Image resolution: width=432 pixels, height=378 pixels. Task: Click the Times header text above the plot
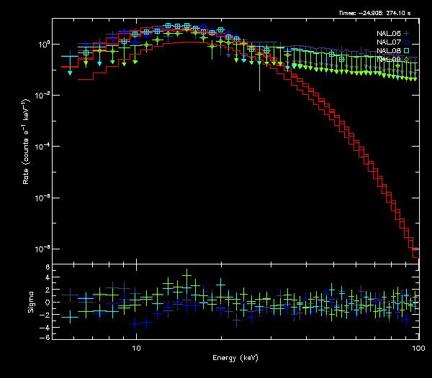click(x=377, y=13)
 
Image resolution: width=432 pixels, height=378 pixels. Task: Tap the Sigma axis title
click(x=30, y=303)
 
